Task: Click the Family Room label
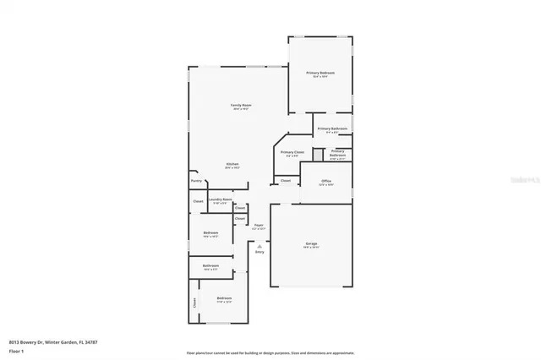tap(242, 106)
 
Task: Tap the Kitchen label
tap(232, 164)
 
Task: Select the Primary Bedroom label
tap(320, 74)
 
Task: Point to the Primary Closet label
tap(292, 152)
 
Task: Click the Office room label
tap(326, 182)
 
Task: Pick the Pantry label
tap(196, 181)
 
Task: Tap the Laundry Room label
tap(221, 199)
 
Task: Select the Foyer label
tap(259, 225)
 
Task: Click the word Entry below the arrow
tap(260, 252)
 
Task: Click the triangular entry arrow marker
tap(260, 245)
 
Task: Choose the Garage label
tap(312, 244)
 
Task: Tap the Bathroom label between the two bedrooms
tap(210, 266)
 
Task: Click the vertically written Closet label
tap(194, 302)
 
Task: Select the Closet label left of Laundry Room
tap(198, 201)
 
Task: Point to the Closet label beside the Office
tap(286, 181)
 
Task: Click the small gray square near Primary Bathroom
tap(318, 154)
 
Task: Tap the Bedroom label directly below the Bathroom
tap(224, 298)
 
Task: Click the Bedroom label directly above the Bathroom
tap(210, 233)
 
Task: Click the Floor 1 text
tap(15, 350)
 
